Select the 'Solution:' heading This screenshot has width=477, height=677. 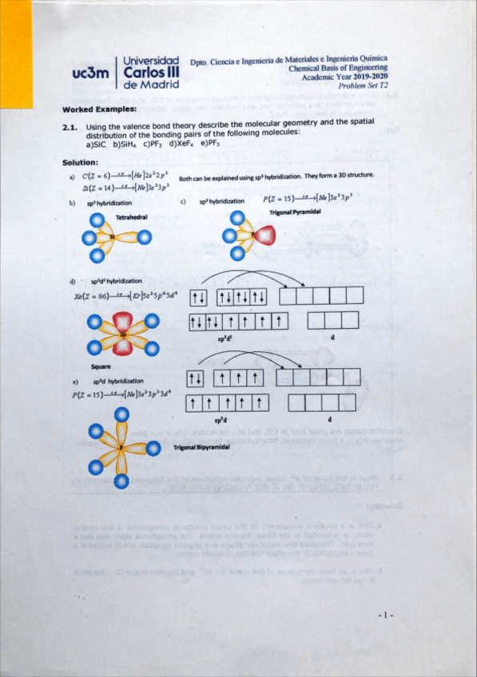80,162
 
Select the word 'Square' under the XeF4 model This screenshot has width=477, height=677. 101,366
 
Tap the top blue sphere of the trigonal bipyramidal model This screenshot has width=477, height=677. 121,414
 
